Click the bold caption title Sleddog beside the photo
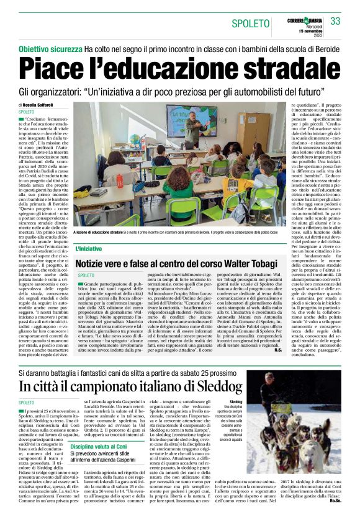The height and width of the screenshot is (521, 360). pyautogui.click(x=236, y=402)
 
